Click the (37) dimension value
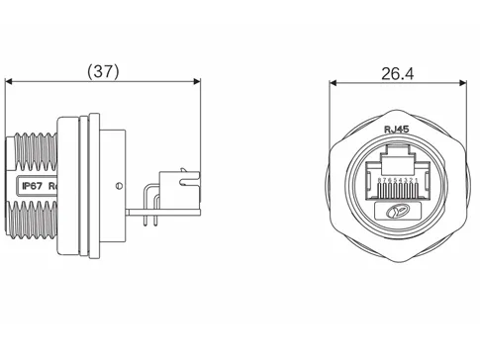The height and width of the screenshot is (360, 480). pyautogui.click(x=104, y=71)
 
